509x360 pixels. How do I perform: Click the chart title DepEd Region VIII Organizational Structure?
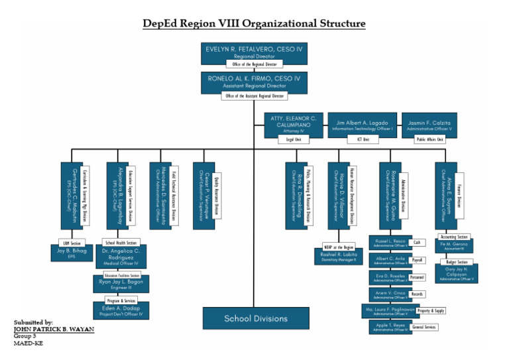pos(254,24)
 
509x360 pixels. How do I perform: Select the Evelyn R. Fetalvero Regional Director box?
pos(254,52)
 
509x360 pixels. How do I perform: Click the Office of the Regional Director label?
pos(254,64)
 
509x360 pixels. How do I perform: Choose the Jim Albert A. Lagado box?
pos(363,124)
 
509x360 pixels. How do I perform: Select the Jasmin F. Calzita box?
pos(429,124)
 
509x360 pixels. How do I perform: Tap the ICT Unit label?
pos(363,140)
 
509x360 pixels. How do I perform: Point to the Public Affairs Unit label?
pos(429,140)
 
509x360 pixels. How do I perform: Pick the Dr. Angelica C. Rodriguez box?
pos(120,257)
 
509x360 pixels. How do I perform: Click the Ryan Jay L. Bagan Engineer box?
pos(120,284)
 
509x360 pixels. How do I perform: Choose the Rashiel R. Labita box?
pos(339,256)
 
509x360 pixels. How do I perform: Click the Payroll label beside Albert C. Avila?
pos(418,261)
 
